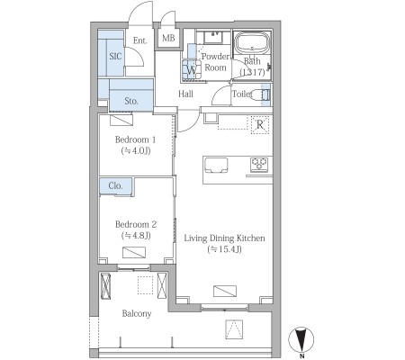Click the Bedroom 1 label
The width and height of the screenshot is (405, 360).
[x=136, y=139]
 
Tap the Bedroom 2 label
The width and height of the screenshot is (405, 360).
[x=136, y=224]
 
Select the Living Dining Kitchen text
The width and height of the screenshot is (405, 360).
[x=224, y=238]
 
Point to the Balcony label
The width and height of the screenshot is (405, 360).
[x=137, y=314]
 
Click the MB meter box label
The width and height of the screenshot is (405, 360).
[x=168, y=38]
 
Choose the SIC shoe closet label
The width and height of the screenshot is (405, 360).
[x=115, y=56]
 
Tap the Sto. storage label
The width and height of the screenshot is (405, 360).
[x=131, y=101]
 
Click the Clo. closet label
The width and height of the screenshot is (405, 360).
[x=116, y=185]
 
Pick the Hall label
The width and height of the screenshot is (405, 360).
[x=185, y=94]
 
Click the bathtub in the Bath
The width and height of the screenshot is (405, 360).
[x=252, y=43]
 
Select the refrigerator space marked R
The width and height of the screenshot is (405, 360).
[x=260, y=124]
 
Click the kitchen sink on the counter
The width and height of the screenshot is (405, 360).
[x=216, y=166]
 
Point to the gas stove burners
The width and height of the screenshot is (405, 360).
[x=259, y=165]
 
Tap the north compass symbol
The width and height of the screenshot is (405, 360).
[x=301, y=340]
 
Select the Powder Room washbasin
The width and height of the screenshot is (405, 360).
[x=213, y=37]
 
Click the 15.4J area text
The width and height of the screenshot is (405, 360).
[x=224, y=249]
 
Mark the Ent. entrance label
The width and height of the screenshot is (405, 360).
[x=140, y=40]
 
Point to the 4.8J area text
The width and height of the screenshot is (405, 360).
[x=136, y=236]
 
